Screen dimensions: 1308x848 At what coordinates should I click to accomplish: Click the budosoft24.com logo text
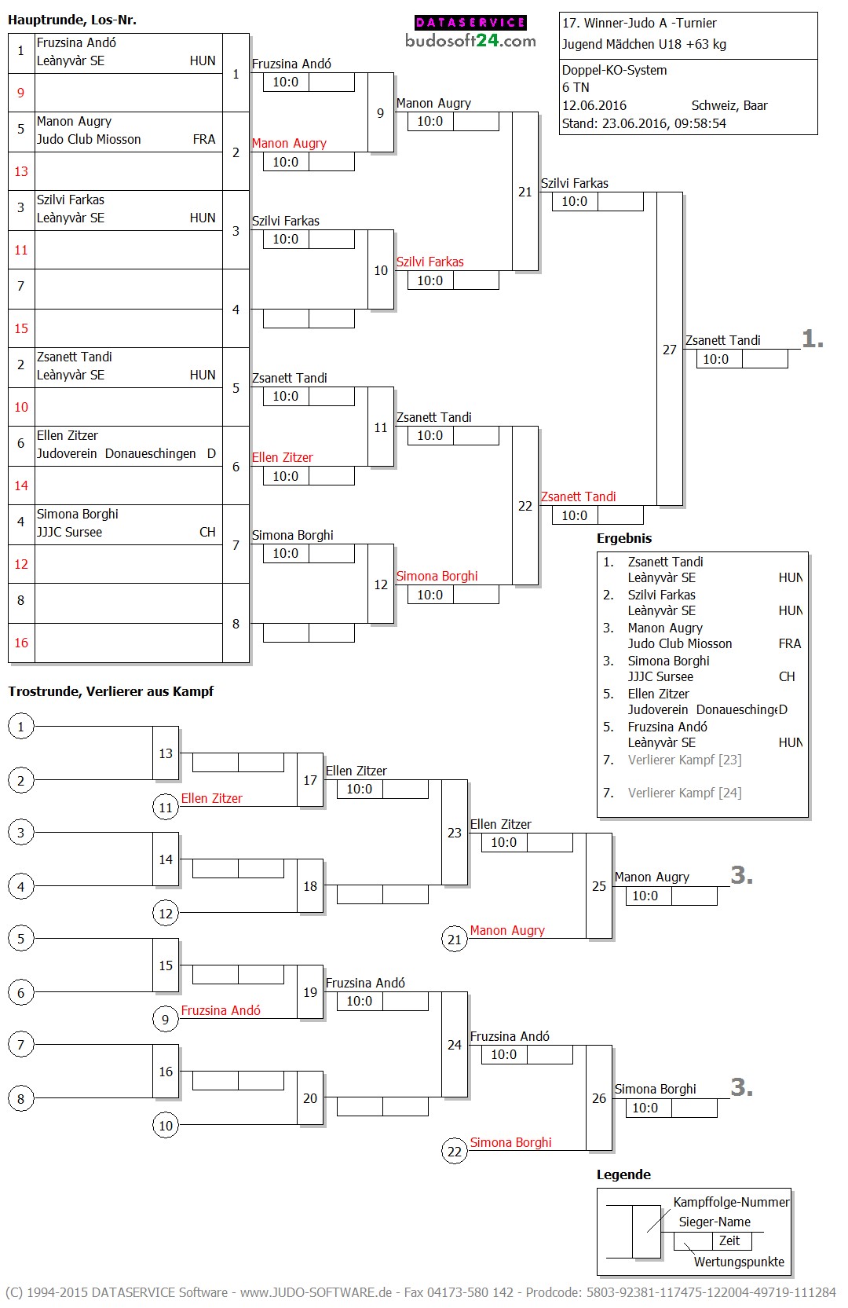pyautogui.click(x=470, y=41)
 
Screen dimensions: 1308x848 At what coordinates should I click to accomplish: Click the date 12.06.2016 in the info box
pyautogui.click(x=594, y=105)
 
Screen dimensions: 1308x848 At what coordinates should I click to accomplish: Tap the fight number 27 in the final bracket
pyautogui.click(x=669, y=350)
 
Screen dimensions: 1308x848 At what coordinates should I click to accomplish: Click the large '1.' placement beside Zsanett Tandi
pyautogui.click(x=813, y=339)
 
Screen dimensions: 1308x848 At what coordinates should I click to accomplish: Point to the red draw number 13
pyautogui.click(x=21, y=171)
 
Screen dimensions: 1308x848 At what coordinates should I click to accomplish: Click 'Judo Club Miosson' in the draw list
pyautogui.click(x=89, y=139)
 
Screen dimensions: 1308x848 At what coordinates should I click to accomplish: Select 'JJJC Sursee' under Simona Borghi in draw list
pyautogui.click(x=69, y=532)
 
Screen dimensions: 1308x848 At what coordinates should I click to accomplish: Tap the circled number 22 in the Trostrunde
pyautogui.click(x=455, y=1152)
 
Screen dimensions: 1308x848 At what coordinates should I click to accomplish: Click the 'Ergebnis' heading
pyautogui.click(x=624, y=538)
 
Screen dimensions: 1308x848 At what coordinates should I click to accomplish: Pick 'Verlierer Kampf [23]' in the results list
pyautogui.click(x=685, y=760)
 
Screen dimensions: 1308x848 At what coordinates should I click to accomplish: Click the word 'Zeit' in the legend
pyautogui.click(x=729, y=1240)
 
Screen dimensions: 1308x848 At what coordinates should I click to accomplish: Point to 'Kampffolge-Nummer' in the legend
pyautogui.click(x=731, y=1202)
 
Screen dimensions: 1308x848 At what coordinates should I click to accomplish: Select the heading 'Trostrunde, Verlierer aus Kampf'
pyautogui.click(x=111, y=691)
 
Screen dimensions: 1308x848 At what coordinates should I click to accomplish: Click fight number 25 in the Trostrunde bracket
pyautogui.click(x=599, y=886)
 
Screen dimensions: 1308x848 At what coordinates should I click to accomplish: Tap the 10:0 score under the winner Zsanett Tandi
pyautogui.click(x=715, y=359)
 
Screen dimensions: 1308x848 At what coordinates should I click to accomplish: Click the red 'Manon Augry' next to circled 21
pyautogui.click(x=507, y=930)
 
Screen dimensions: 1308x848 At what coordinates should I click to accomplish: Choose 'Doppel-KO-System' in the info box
pyautogui.click(x=614, y=70)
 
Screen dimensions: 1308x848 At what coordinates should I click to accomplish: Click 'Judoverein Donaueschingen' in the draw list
pyautogui.click(x=116, y=453)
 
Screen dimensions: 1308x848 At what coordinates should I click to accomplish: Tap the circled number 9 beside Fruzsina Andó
pyautogui.click(x=165, y=1020)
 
